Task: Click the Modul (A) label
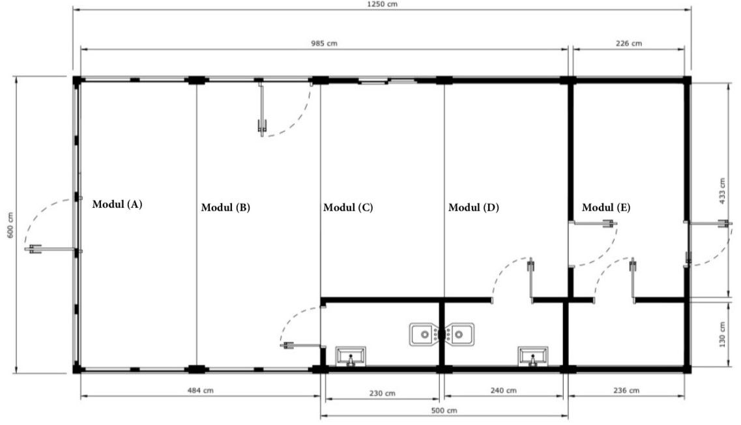117,204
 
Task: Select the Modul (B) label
225,207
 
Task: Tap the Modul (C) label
348,207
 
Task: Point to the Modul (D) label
474,207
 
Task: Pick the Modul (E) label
606,207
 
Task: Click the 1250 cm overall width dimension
383,5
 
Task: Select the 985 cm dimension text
324,44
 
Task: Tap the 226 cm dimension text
629,44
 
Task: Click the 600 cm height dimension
10,225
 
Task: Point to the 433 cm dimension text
722,191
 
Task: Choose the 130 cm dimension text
722,334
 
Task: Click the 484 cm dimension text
200,390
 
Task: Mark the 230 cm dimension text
382,393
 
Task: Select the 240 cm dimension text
503,390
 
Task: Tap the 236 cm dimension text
626,390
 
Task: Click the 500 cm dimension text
444,411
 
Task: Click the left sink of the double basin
424,334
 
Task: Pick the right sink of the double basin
459,334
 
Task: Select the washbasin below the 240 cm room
533,356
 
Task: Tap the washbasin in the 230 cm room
351,356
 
